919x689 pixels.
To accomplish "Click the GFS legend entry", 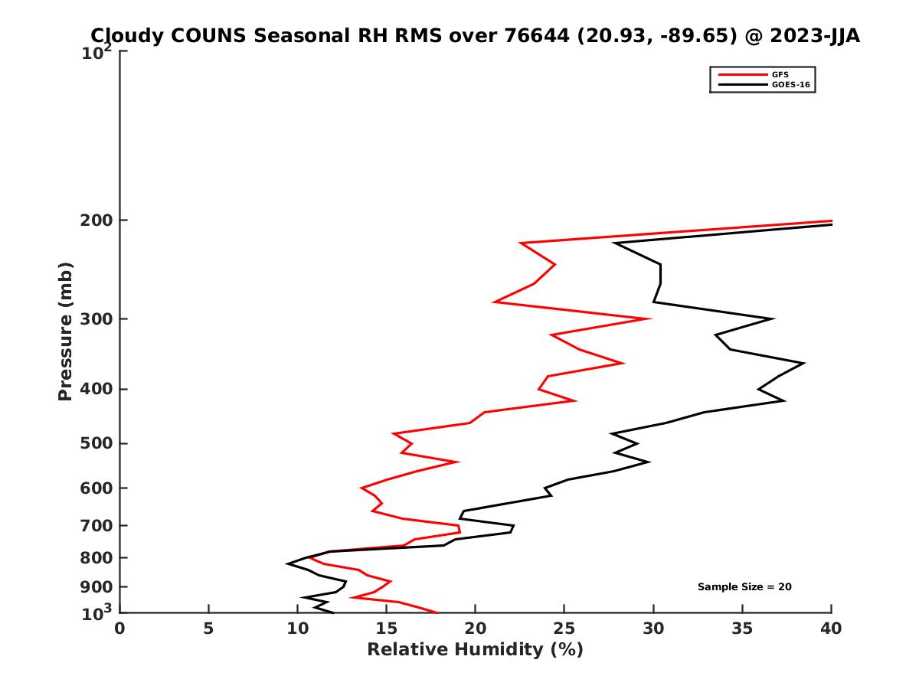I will point(780,74).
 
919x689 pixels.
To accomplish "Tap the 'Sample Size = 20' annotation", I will point(744,587).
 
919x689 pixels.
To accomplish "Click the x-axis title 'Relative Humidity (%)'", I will point(475,650).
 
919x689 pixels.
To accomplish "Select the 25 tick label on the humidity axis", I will point(564,629).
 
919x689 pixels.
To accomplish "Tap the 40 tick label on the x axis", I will point(831,629).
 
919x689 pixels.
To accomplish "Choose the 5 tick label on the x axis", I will point(208,629).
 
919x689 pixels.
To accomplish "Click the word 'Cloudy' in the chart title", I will point(123,36).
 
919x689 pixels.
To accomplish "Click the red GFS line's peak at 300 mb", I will point(650,318).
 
